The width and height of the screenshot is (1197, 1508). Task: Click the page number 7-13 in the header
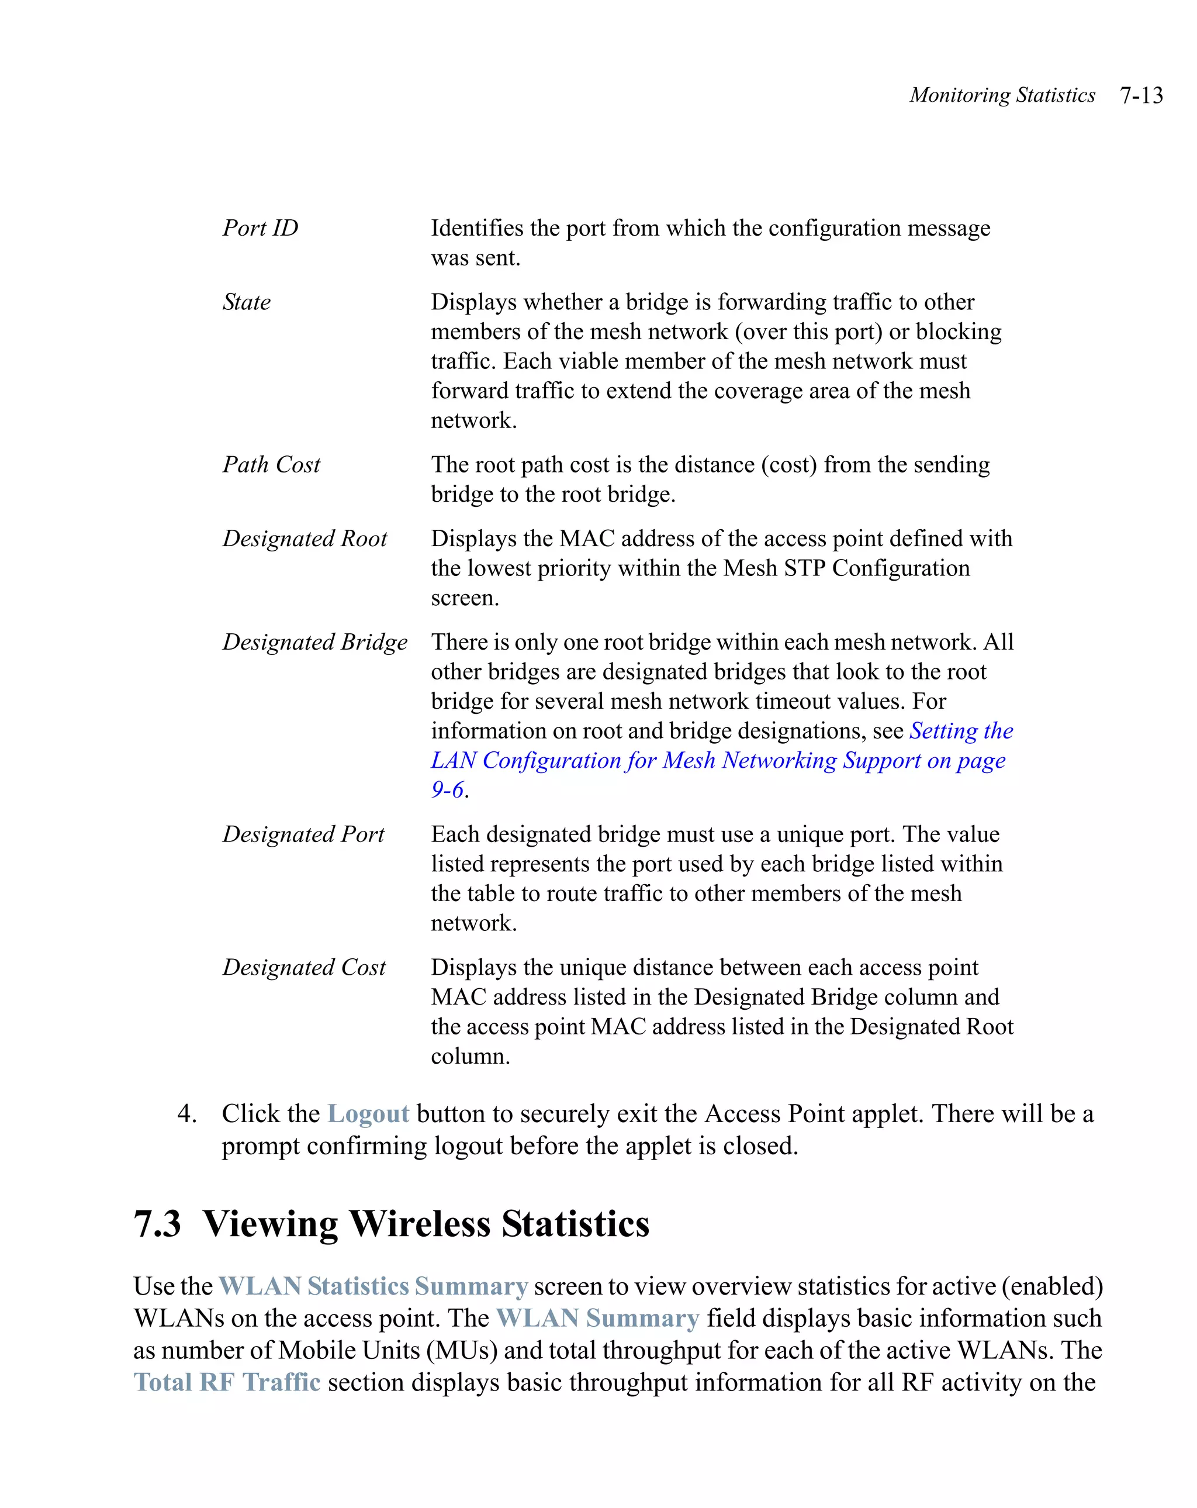click(1141, 95)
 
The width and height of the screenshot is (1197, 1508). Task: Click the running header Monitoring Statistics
click(1002, 95)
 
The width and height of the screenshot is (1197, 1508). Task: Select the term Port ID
click(260, 228)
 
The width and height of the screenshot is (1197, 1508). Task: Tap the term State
click(246, 302)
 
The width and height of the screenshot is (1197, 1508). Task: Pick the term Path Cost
click(271, 464)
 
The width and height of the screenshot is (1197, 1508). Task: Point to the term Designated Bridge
click(314, 642)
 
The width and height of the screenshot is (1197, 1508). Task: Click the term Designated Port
click(303, 834)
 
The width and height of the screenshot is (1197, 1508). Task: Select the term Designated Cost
click(304, 967)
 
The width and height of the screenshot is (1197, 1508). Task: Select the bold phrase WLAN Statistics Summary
click(373, 1286)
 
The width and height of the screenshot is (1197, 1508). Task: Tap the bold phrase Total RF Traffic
click(227, 1383)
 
